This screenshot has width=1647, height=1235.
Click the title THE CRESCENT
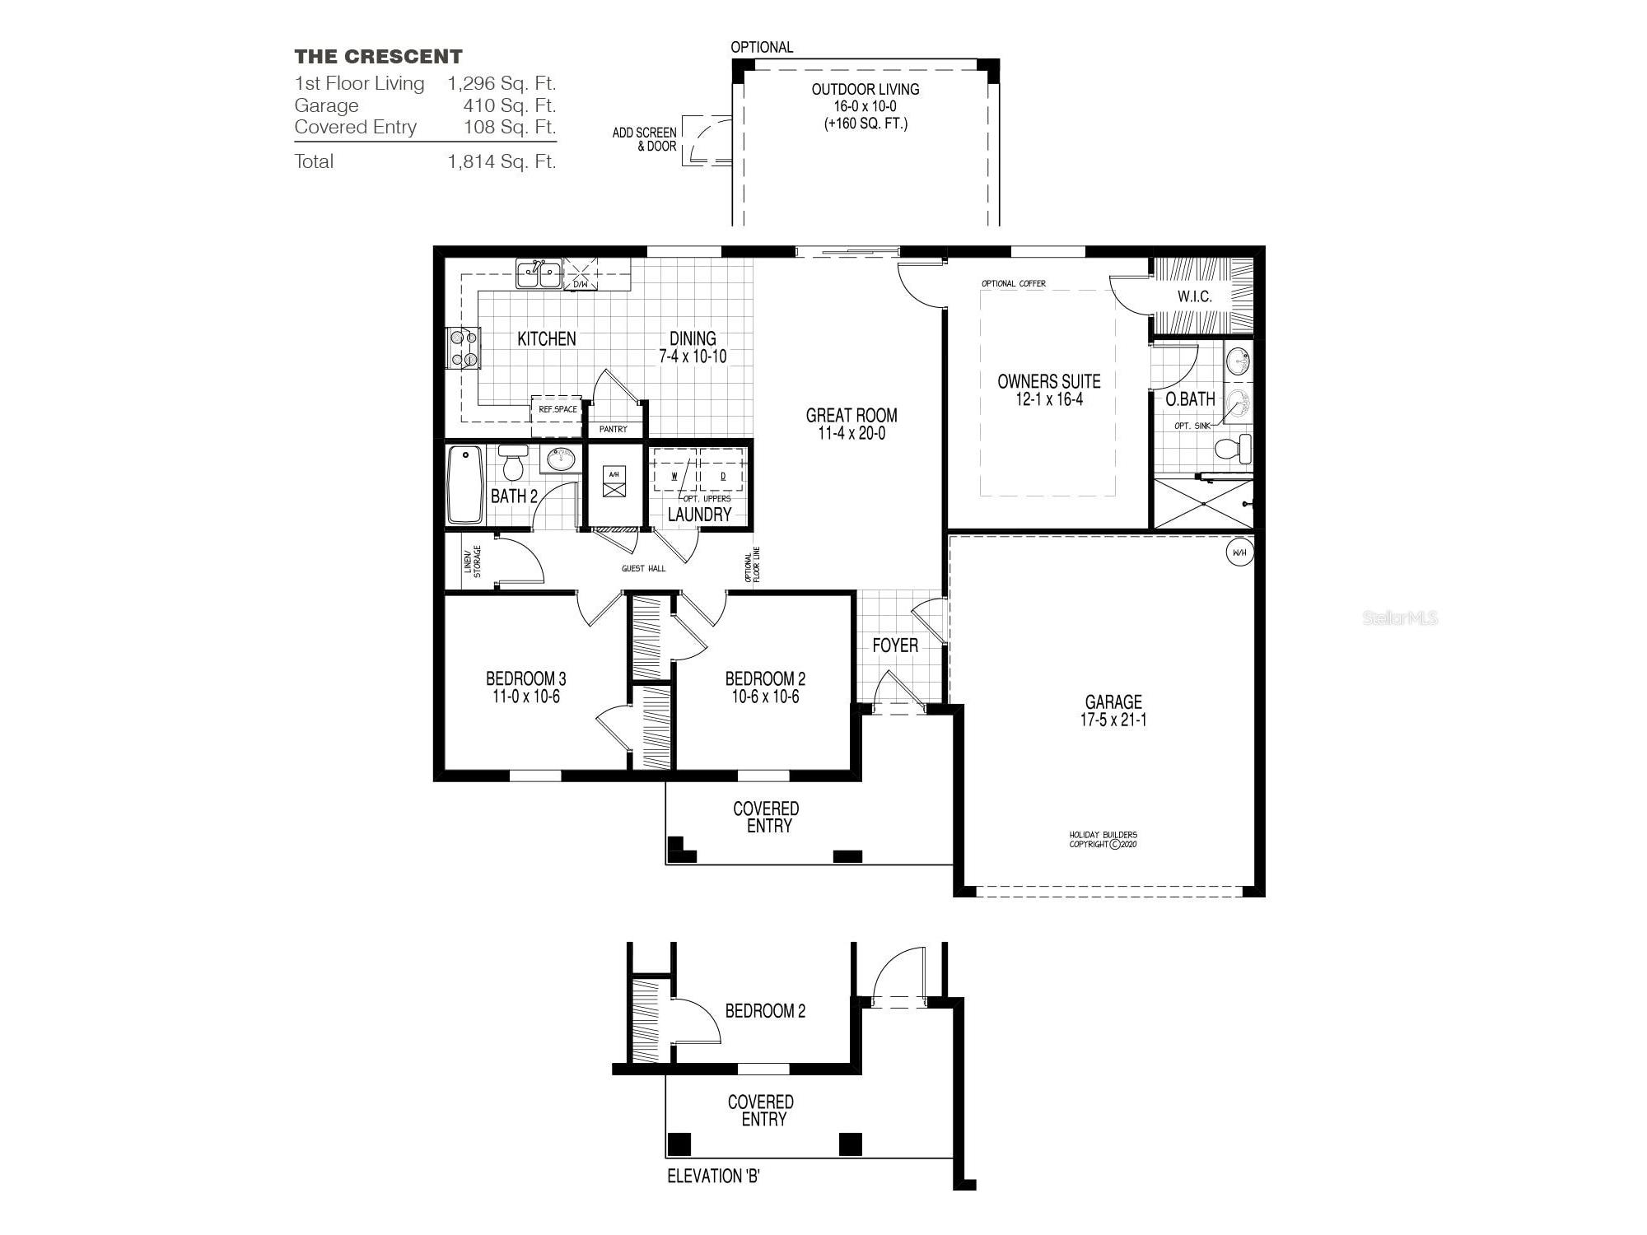pyautogui.click(x=378, y=57)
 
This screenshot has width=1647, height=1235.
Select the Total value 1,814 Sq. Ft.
pyautogui.click(x=502, y=161)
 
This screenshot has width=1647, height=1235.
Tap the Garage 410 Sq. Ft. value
pyautogui.click(x=509, y=105)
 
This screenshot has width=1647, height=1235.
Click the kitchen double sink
pyautogui.click(x=539, y=274)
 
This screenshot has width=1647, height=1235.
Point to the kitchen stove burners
pyautogui.click(x=462, y=348)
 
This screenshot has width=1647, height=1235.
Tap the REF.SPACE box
pyautogui.click(x=558, y=409)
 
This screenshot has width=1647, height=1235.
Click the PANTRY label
pyautogui.click(x=614, y=429)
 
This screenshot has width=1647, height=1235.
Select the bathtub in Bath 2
pyautogui.click(x=465, y=484)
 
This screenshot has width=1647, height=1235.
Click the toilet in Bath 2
pyautogui.click(x=514, y=463)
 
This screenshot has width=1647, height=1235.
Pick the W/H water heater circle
pyautogui.click(x=1239, y=552)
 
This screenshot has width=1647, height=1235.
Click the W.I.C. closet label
pyautogui.click(x=1194, y=296)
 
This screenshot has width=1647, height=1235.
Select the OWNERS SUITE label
pyautogui.click(x=1048, y=382)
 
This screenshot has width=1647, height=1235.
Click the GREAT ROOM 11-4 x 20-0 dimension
pyautogui.click(x=851, y=434)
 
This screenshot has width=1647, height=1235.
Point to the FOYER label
pyautogui.click(x=895, y=645)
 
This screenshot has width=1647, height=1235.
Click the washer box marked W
pyautogui.click(x=674, y=475)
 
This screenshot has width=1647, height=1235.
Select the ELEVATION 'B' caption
pyautogui.click(x=713, y=1177)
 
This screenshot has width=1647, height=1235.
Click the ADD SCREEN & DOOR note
pyautogui.click(x=645, y=139)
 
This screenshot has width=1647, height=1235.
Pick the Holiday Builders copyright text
pyautogui.click(x=1103, y=839)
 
